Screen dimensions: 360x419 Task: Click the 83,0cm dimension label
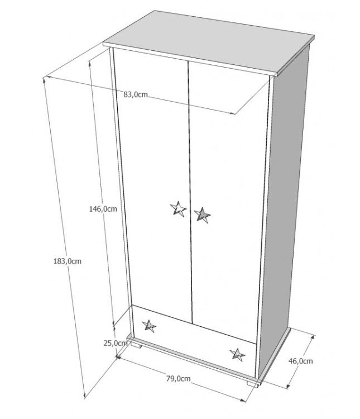136,94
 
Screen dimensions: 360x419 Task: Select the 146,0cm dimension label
103,209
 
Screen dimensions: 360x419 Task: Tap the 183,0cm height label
68,261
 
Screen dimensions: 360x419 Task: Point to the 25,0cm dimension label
116,343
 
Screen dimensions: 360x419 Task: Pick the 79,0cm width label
179,378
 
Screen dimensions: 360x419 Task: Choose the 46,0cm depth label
300,361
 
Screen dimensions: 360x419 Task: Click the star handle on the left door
179,209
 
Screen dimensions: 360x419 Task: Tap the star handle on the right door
202,215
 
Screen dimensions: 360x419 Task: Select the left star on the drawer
149,326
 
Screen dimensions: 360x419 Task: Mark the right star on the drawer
237,355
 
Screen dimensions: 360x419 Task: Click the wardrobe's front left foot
136,345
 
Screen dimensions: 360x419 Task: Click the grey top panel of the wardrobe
209,42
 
